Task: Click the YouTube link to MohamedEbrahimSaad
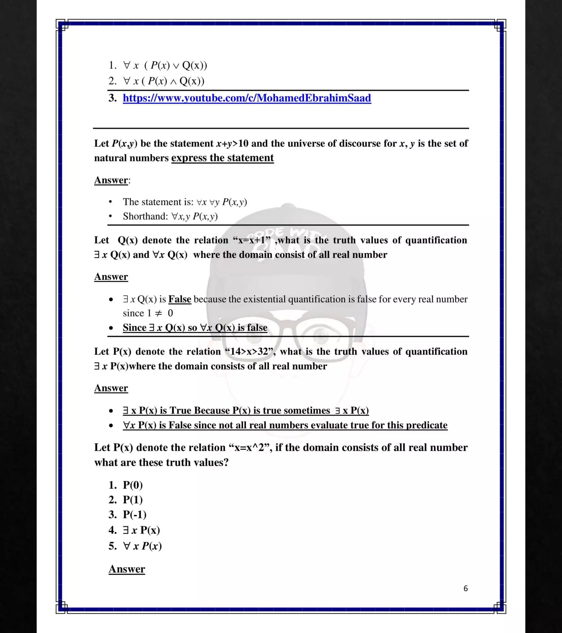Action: coord(246,98)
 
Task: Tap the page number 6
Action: coord(465,588)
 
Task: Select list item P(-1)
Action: coord(134,515)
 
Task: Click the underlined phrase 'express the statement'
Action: coord(222,158)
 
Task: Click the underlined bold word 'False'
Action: coord(179,299)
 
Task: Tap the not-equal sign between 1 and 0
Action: coord(158,313)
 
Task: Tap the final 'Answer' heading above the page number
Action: coord(127,569)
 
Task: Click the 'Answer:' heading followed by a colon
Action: coord(112,180)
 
